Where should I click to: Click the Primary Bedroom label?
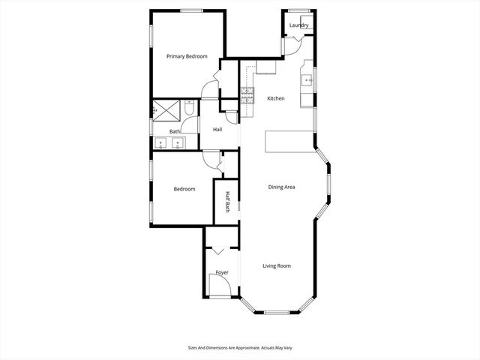coord(187,56)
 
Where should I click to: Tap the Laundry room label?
coord(299,25)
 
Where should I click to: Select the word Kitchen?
coord(275,98)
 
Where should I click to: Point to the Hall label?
coord(217,130)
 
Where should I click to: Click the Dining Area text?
coord(281,187)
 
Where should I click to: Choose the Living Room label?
coord(276,265)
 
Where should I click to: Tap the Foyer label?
coord(222,272)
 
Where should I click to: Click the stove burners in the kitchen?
coord(247,94)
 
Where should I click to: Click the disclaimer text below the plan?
coord(239,348)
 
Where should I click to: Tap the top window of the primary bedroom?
coord(190,10)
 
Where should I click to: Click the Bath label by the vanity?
coord(175,132)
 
